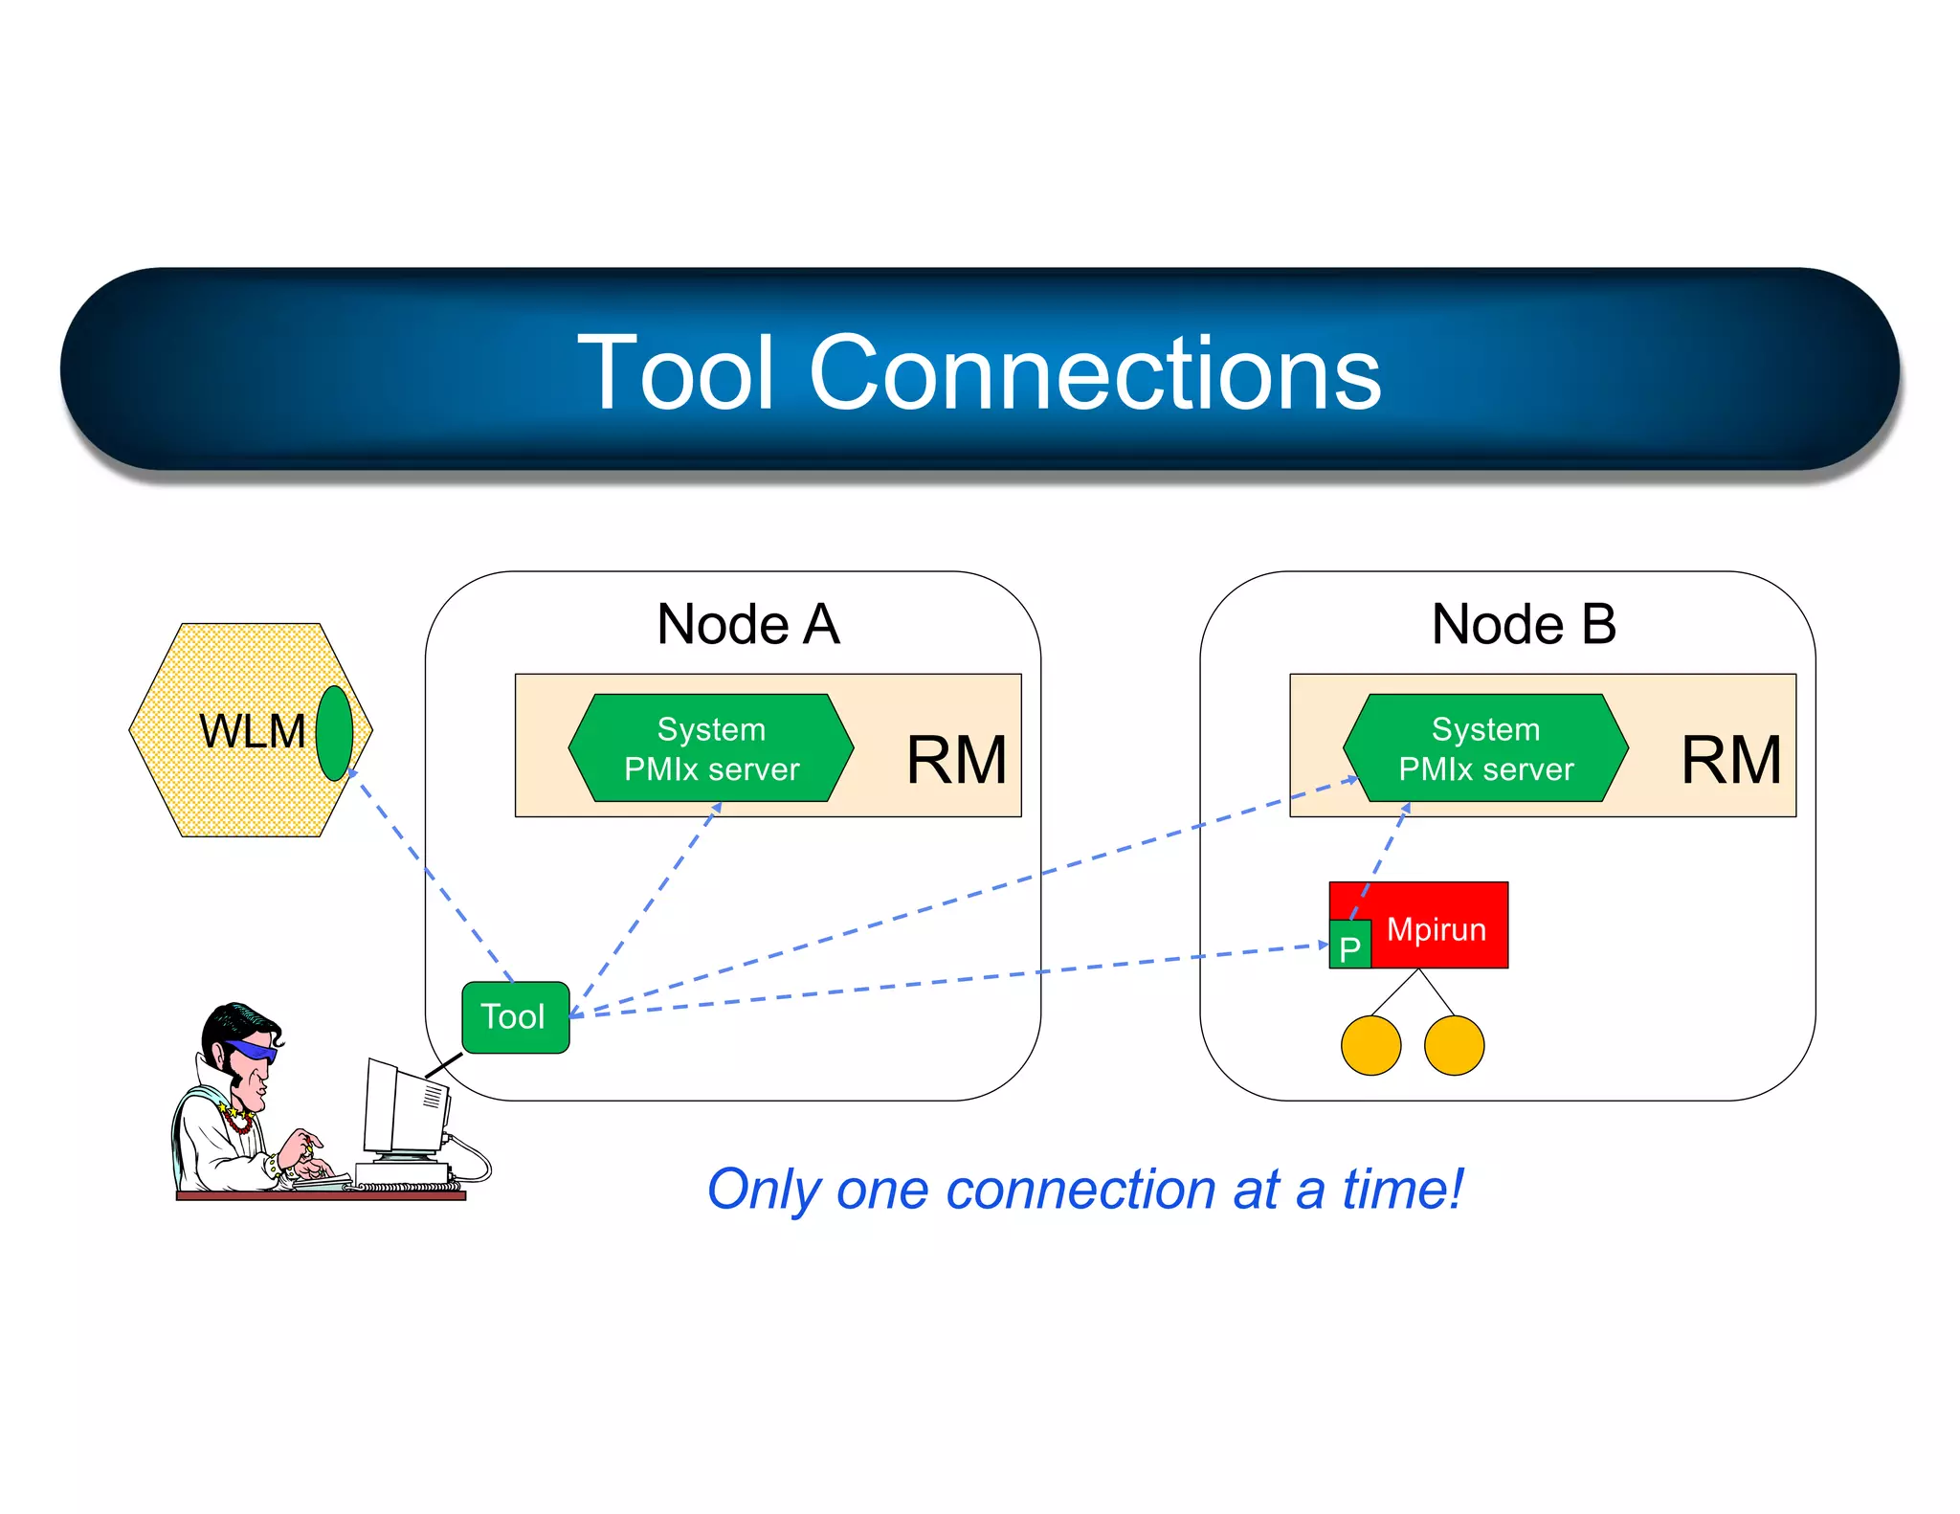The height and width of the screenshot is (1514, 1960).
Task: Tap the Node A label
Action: (x=747, y=624)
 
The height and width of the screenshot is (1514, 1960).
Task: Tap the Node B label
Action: (x=1523, y=624)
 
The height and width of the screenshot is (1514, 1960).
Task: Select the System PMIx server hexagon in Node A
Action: (x=710, y=748)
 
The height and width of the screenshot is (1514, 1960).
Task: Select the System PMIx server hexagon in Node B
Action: (x=1484, y=748)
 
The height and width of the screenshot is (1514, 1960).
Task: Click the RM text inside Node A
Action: (x=956, y=760)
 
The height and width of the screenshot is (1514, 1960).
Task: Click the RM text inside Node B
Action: (x=1730, y=760)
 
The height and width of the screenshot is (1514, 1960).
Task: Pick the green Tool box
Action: (x=515, y=1017)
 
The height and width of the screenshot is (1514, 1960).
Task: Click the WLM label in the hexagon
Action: (x=252, y=731)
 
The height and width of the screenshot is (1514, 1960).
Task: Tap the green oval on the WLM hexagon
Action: (x=334, y=733)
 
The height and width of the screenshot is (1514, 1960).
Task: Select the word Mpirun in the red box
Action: (x=1436, y=929)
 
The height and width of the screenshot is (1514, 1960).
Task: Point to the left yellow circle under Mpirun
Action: (x=1370, y=1046)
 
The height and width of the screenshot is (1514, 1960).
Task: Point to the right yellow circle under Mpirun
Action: (x=1454, y=1046)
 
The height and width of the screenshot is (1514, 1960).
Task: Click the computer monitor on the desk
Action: (x=402, y=1110)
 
